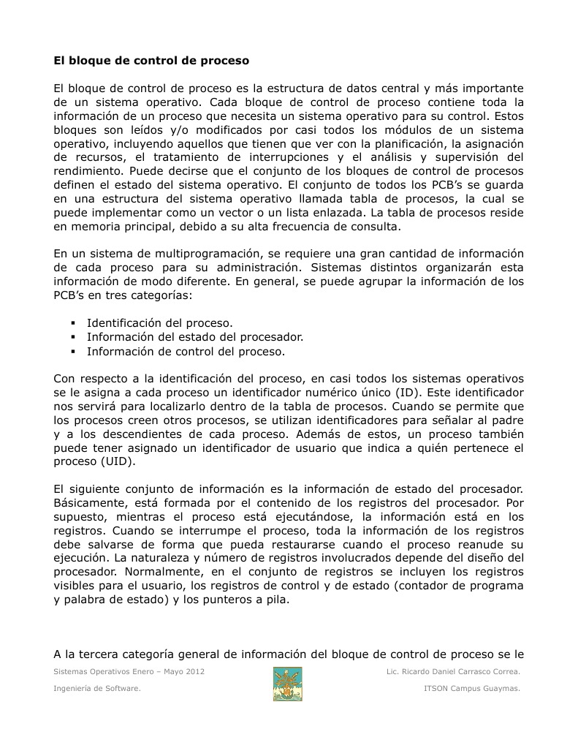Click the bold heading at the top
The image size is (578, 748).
(151, 60)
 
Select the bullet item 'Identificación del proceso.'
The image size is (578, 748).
(160, 323)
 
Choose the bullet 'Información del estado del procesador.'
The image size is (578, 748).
(195, 337)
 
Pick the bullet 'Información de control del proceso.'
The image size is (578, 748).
(186, 351)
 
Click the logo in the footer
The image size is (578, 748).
(287, 684)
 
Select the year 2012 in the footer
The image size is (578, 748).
(191, 671)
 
